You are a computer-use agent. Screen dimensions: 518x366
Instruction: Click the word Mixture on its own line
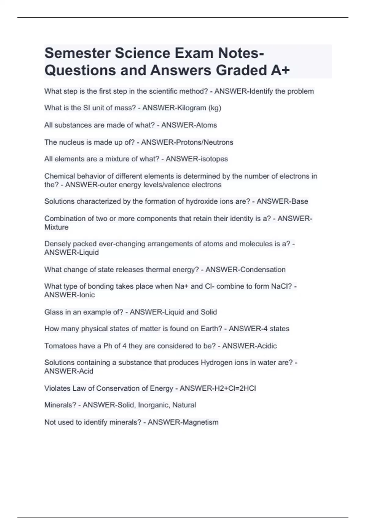coord(56,227)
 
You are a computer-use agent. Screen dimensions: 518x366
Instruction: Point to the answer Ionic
coord(87,295)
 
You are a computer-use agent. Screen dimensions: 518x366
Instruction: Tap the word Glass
coord(52,312)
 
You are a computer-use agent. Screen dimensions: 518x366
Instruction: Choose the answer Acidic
coord(263,346)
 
